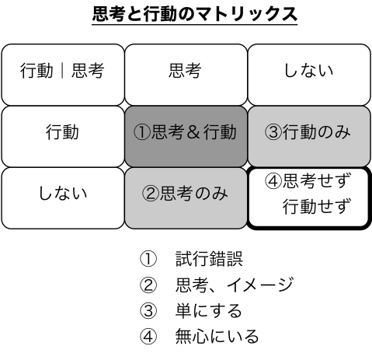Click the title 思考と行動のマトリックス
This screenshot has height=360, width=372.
pyautogui.click(x=195, y=14)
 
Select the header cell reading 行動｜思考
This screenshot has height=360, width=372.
pyautogui.click(x=63, y=75)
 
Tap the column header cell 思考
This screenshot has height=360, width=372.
pyautogui.click(x=186, y=75)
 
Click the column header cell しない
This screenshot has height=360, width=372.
pyautogui.click(x=309, y=75)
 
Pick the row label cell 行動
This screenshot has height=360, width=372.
pyautogui.click(x=63, y=136)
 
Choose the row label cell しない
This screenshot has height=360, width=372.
pyautogui.click(x=63, y=198)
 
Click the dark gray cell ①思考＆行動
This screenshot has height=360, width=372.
pyautogui.click(x=186, y=136)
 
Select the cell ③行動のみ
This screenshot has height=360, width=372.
pyautogui.click(x=309, y=136)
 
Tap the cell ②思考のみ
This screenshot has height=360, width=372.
pyautogui.click(x=186, y=198)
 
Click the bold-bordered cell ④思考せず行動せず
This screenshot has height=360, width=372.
pyautogui.click(x=309, y=198)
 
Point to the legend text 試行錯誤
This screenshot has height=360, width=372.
pyautogui.click(x=209, y=259)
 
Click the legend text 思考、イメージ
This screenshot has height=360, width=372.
pyautogui.click(x=235, y=285)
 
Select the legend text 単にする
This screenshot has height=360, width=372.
pyautogui.click(x=209, y=310)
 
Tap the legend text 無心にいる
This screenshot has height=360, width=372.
pyautogui.click(x=217, y=337)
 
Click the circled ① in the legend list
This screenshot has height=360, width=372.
pyautogui.click(x=148, y=259)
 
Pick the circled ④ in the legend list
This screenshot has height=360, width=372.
pyautogui.click(x=148, y=337)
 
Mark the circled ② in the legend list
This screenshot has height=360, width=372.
pyautogui.click(x=148, y=285)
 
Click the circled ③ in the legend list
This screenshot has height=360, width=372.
pyautogui.click(x=148, y=310)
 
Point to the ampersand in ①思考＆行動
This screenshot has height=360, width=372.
pyautogui.click(x=194, y=132)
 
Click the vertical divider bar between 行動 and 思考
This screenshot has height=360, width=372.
pyautogui.click(x=62, y=71)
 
